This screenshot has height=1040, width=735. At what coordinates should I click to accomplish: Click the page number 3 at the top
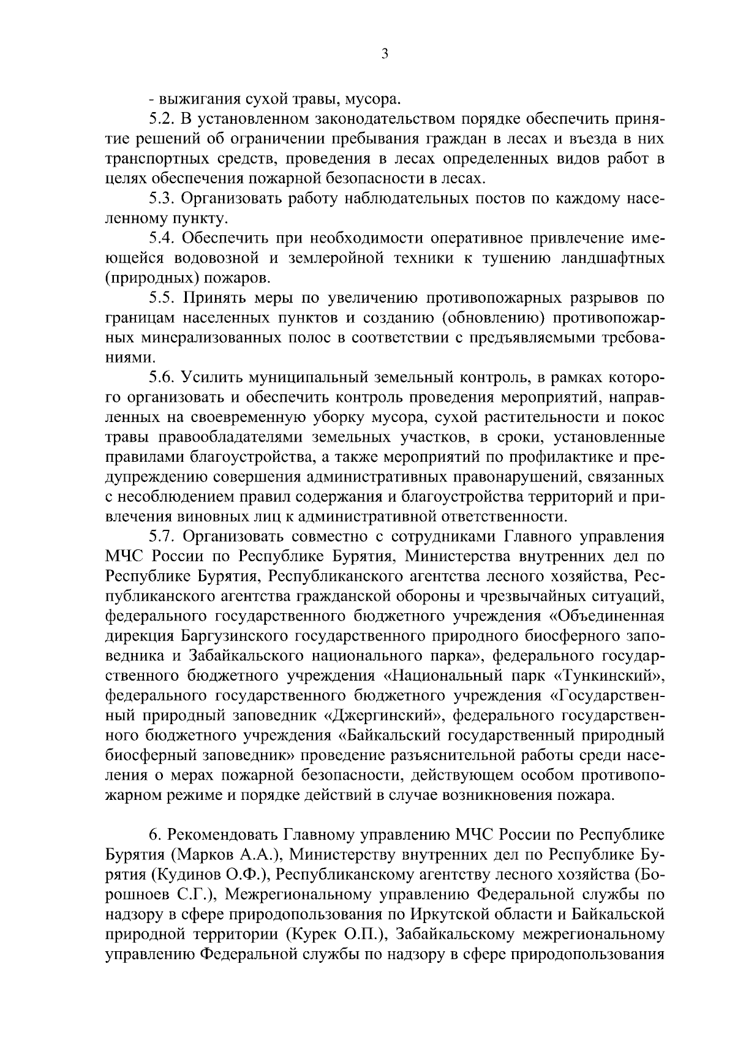coord(384,54)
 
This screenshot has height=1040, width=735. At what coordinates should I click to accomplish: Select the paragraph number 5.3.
coord(162,198)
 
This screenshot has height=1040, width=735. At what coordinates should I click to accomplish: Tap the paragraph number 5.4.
coord(162,238)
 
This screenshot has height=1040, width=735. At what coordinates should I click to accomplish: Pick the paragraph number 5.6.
coord(162,378)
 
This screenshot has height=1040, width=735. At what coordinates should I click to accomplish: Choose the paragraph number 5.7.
coord(162,537)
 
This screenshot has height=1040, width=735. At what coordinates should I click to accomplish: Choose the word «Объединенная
coord(607,617)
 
